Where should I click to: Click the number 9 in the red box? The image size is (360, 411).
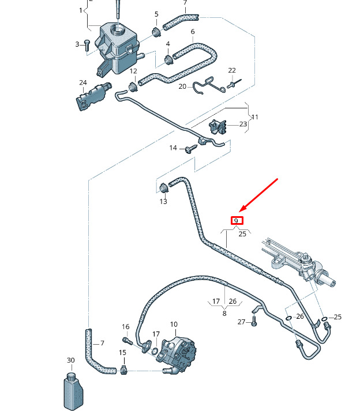[x=237, y=220]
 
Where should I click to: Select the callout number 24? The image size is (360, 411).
[x=82, y=83]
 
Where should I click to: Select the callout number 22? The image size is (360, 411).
[x=232, y=70]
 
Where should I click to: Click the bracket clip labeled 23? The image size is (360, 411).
[x=218, y=126]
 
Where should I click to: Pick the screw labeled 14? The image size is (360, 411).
[x=190, y=149]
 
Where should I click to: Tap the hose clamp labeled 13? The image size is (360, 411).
[x=163, y=188]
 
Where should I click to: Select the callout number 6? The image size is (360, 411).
[x=192, y=31]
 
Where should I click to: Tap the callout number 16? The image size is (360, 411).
[x=126, y=327]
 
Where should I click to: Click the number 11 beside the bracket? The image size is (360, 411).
[x=254, y=117]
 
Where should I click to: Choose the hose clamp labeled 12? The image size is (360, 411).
[x=134, y=85]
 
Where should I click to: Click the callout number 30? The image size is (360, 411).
[x=70, y=360]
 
